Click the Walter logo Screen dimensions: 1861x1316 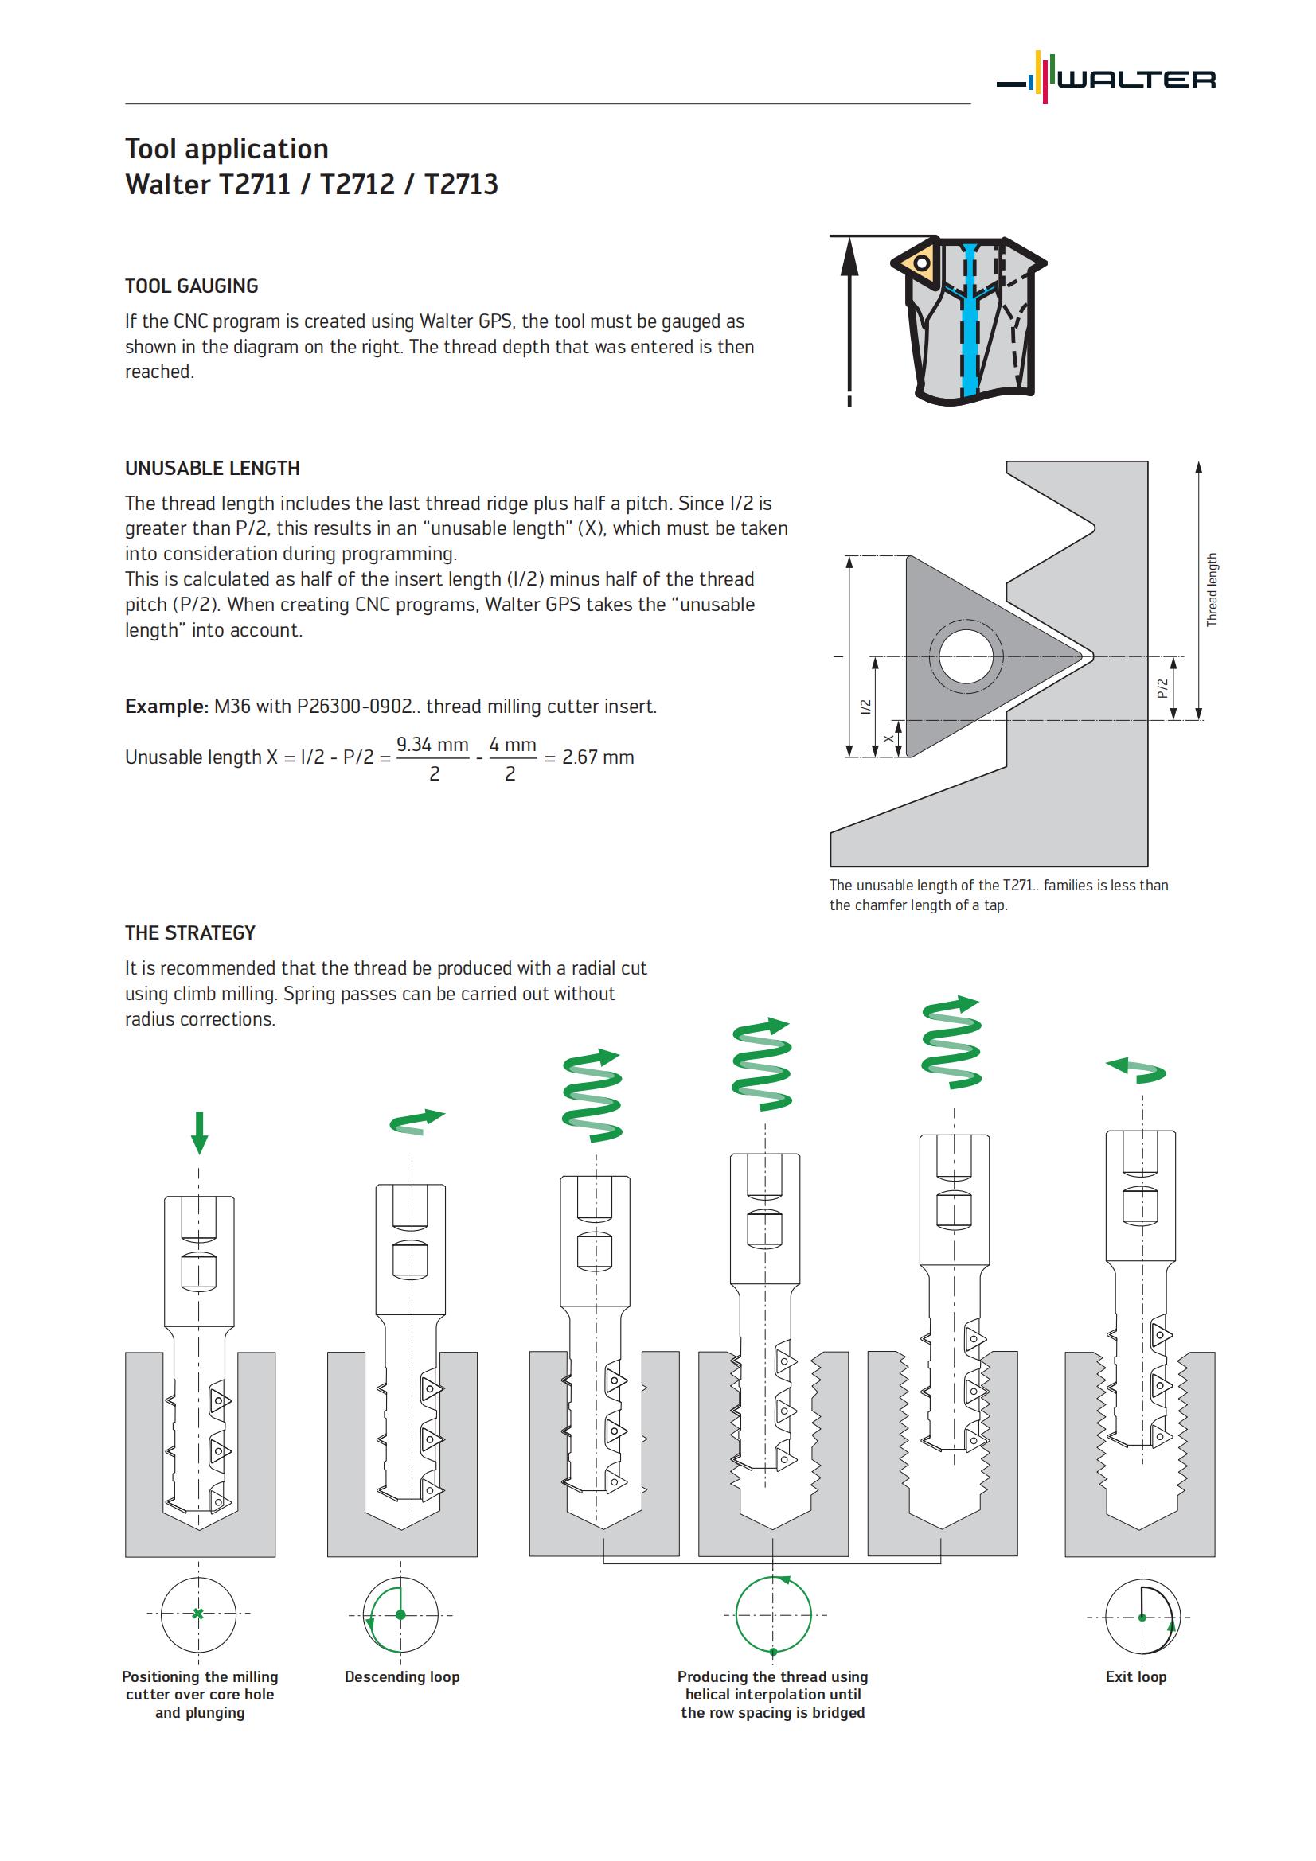coord(1106,78)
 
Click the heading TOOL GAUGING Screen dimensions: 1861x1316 coord(191,286)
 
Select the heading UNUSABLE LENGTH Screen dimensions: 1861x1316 coord(213,469)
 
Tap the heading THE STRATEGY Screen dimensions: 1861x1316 coord(189,933)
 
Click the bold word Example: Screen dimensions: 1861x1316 coord(167,707)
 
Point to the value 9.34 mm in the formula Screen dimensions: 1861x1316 coord(432,744)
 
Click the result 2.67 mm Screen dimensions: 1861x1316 coord(598,758)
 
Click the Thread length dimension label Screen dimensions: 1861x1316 coord(1213,590)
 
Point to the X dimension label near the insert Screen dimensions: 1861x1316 coord(888,738)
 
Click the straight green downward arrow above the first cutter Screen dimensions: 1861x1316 coord(200,1132)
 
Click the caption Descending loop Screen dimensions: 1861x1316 coord(402,1677)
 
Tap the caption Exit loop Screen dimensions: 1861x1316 coord(1136,1677)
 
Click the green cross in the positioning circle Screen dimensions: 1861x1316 coord(198,1614)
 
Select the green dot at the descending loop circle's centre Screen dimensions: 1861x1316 coord(400,1614)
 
